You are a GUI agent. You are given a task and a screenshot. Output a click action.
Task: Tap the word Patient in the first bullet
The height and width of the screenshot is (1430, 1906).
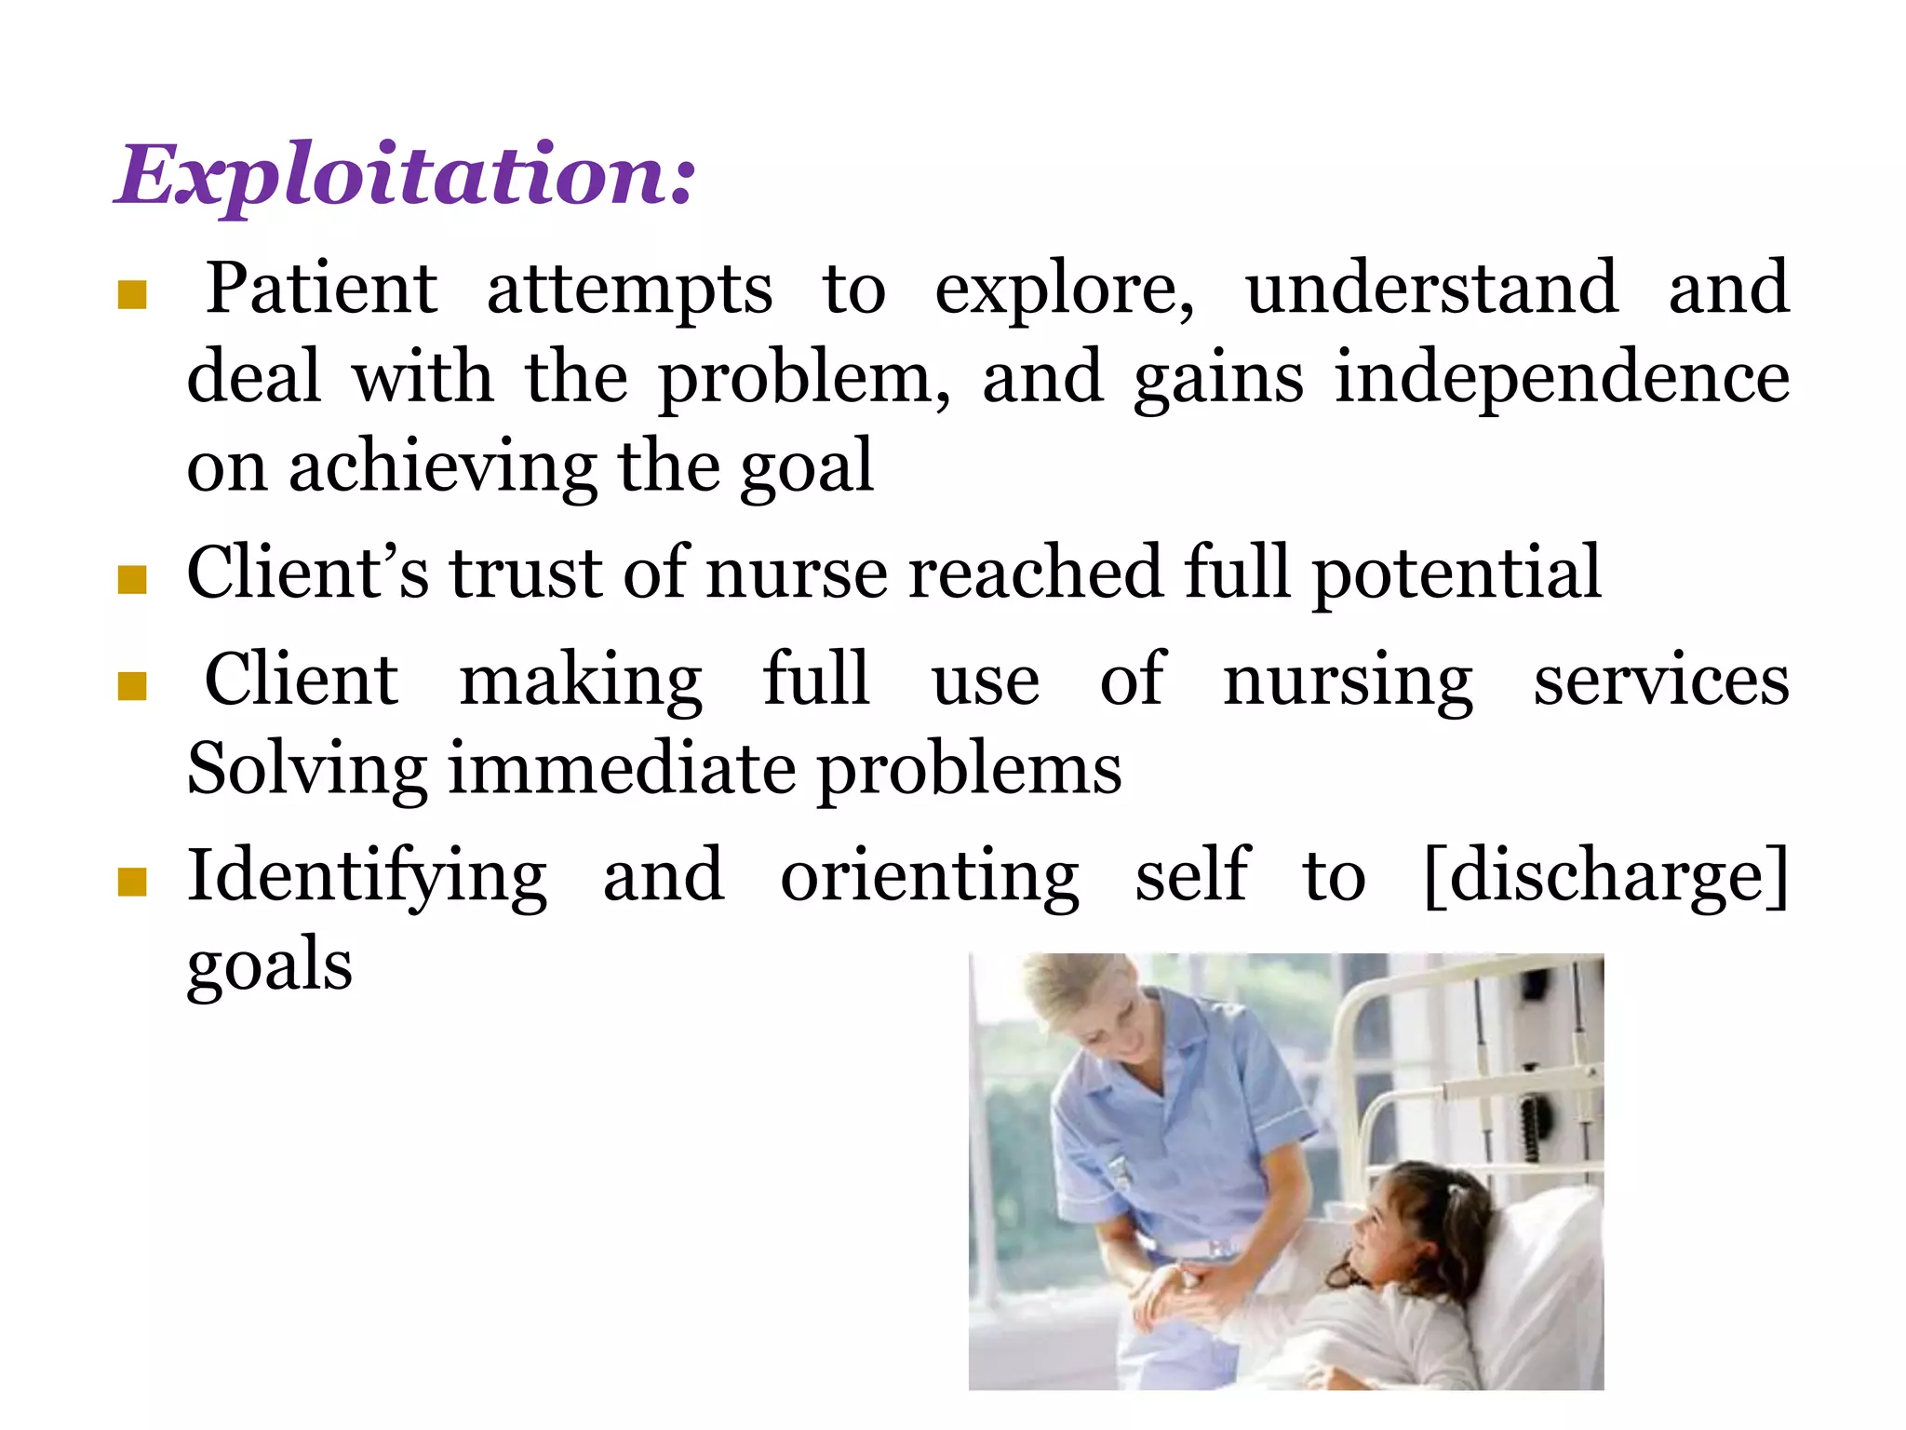[x=321, y=289]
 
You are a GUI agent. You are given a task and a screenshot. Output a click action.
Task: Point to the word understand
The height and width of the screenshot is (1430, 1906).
[x=1431, y=289]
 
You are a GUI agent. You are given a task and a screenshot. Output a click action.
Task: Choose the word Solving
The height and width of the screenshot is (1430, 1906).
[x=307, y=771]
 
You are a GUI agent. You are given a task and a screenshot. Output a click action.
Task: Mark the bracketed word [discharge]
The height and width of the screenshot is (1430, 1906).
[x=1606, y=876]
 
